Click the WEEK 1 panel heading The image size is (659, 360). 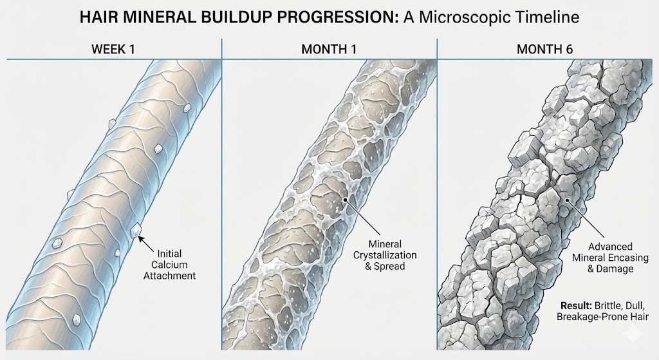[113, 49]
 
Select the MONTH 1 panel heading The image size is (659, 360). [329, 49]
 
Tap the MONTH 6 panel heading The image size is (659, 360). [544, 49]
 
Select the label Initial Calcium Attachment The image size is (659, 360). [170, 265]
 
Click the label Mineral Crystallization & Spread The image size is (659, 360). [385, 255]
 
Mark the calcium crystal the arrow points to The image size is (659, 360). [135, 231]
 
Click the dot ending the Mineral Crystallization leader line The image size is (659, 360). [345, 200]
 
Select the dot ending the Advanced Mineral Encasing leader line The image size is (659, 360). [566, 200]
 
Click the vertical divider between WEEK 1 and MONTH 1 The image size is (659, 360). [221, 194]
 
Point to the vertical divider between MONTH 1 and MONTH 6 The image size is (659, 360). [437, 194]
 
